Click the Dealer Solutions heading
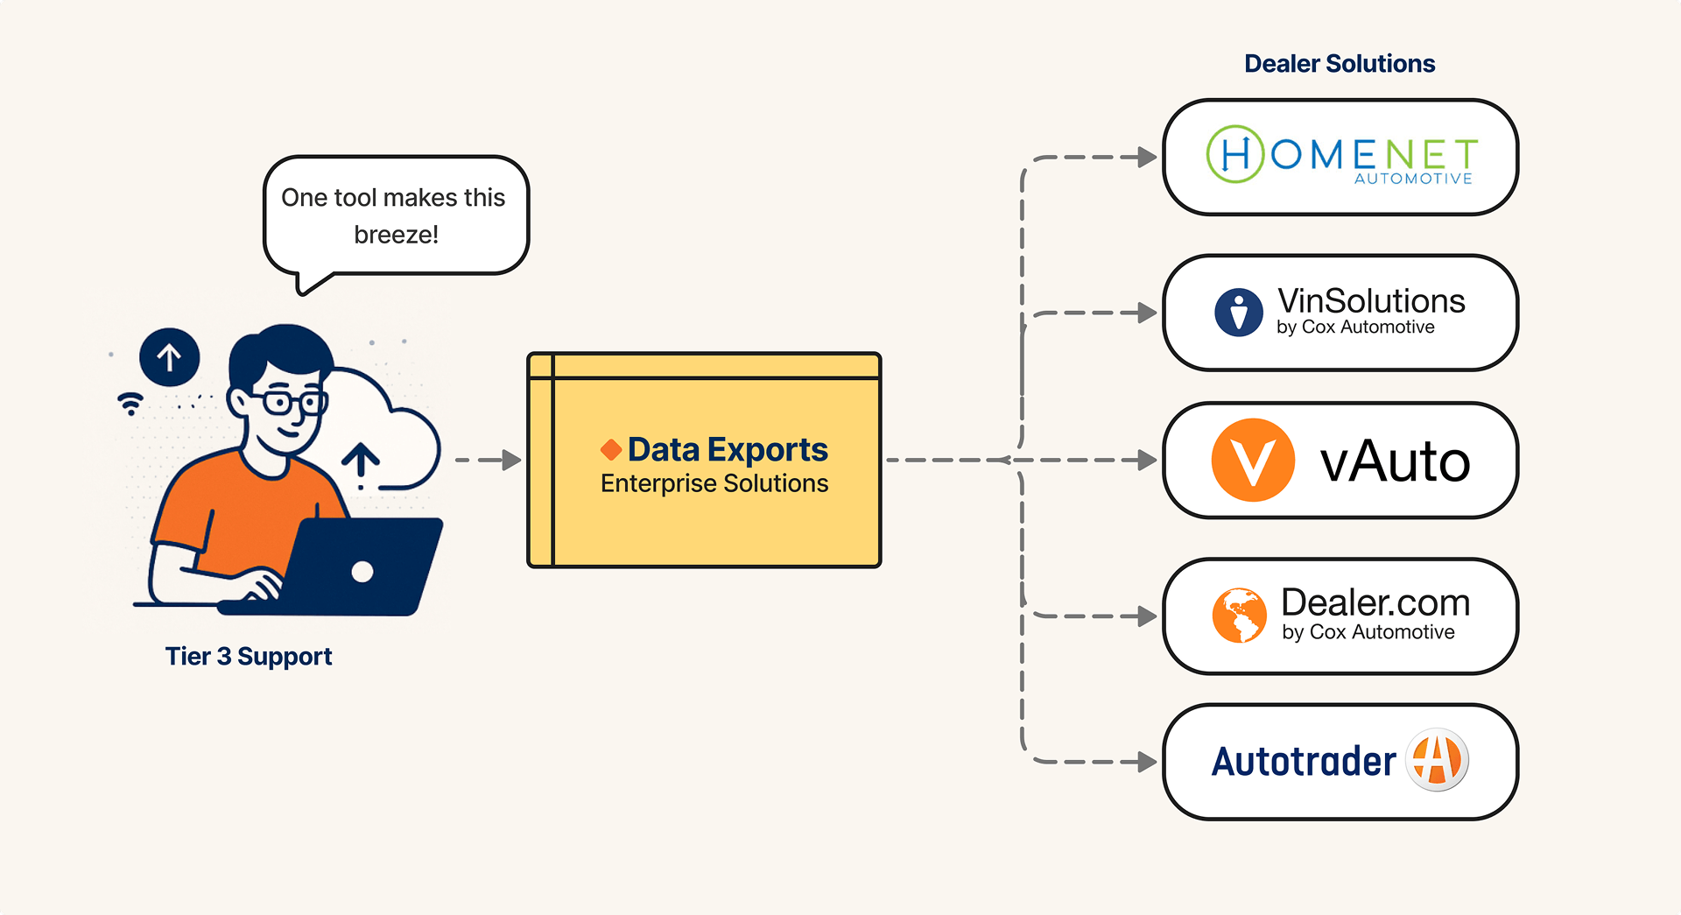(1340, 64)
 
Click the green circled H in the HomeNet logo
(1234, 154)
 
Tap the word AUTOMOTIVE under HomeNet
(1413, 179)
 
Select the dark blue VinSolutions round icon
(1239, 313)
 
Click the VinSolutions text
(1371, 301)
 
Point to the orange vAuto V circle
(1253, 460)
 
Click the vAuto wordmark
(1395, 461)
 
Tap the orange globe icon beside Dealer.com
(1239, 616)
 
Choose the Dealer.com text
(1375, 603)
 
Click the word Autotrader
(1304, 762)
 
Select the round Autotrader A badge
(1437, 760)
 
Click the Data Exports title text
(728, 450)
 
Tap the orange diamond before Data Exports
(611, 450)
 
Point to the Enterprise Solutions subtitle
(714, 483)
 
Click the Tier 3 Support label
(249, 657)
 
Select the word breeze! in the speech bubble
(397, 235)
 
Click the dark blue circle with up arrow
(170, 357)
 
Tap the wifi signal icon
(130, 403)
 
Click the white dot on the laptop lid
(362, 572)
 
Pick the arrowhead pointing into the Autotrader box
(1147, 762)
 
